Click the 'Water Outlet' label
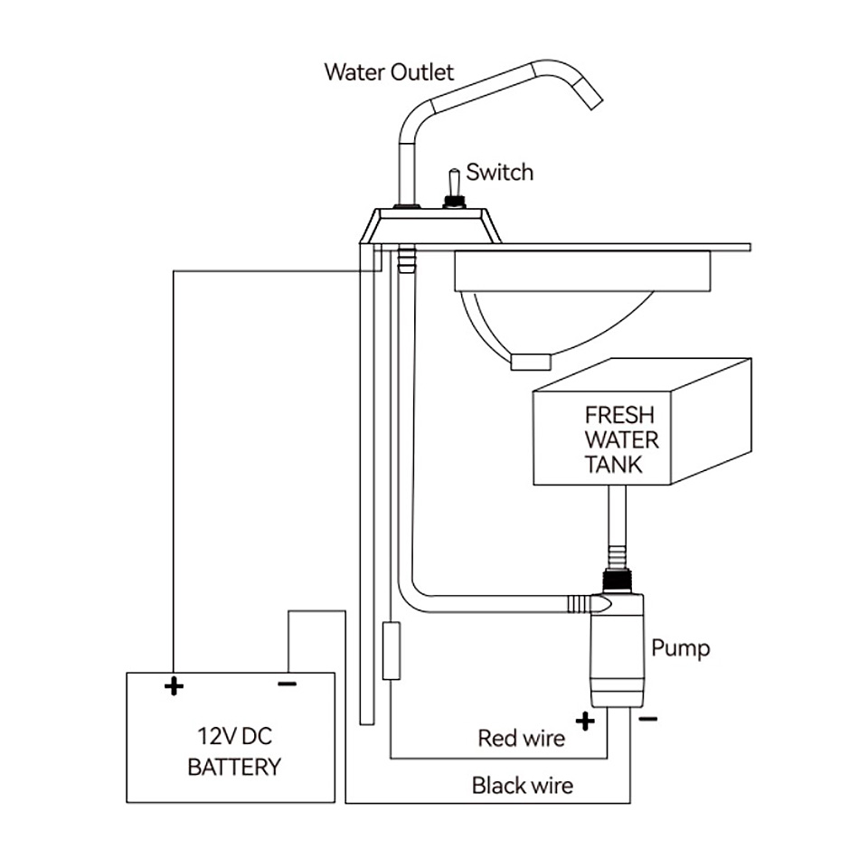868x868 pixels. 389,72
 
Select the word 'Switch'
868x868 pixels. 499,172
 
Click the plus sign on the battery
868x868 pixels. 174,686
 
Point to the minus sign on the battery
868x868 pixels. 288,684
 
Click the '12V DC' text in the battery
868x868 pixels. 235,736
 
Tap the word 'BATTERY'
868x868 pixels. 235,768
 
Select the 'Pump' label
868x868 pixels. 680,648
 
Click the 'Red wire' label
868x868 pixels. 522,738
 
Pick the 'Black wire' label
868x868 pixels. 523,785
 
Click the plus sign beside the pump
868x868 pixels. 585,721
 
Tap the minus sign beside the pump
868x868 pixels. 647,719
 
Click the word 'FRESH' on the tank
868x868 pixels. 619,415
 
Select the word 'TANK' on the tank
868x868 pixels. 613,464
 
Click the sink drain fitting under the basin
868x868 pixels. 531,362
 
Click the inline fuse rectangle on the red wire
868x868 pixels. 392,650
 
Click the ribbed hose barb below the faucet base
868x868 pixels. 406,259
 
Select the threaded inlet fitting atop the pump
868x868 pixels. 618,581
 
